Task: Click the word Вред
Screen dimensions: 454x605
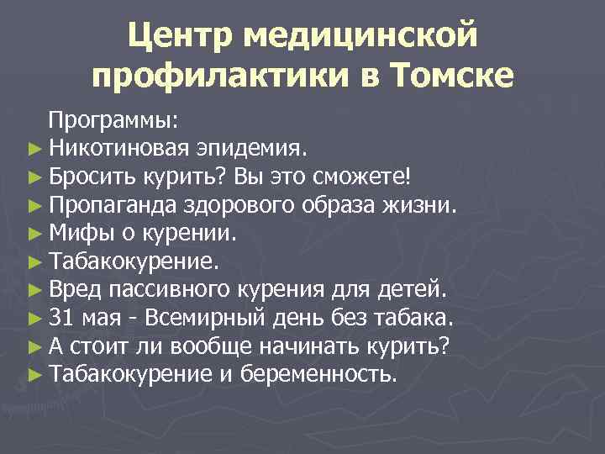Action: coord(74,291)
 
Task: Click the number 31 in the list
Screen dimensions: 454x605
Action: coord(61,319)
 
